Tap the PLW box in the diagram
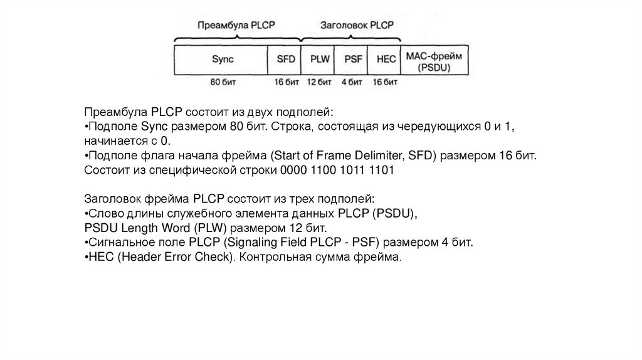pos(318,60)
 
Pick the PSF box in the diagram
pos(352,60)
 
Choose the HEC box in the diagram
pos(386,60)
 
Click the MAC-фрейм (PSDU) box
pos(436,60)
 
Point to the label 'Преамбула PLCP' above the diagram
pos(236,25)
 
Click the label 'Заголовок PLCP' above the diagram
pos(356,25)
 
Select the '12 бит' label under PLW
pos(318,82)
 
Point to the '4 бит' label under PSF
pos(352,82)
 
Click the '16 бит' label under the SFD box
pos(285,82)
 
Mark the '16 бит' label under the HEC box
pos(386,82)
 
